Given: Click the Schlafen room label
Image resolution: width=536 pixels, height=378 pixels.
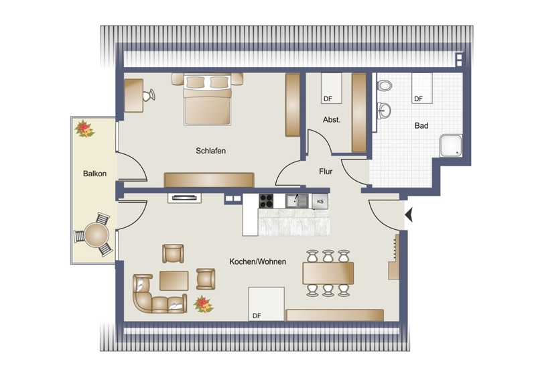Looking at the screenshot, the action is coord(210,151).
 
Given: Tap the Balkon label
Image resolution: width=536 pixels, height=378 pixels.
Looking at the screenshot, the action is coord(94,174).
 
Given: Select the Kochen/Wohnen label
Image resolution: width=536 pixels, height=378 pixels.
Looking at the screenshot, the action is coord(258,261).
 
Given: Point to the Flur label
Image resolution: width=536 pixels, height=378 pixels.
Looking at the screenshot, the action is coord(326,172).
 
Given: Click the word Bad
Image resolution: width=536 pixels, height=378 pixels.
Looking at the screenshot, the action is coord(421,125).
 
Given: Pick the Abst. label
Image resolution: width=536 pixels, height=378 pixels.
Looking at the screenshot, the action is coord(332,120).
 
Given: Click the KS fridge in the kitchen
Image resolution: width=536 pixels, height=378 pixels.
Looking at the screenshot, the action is coord(320,202).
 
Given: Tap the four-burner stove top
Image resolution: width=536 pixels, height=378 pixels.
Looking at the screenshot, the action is coord(266,201).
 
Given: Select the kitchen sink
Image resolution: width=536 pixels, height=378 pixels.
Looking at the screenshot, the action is coord(297,201).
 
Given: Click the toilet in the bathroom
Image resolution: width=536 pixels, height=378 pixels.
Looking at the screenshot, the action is coord(384,86).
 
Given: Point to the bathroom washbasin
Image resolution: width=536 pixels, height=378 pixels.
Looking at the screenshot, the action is coord(384,110).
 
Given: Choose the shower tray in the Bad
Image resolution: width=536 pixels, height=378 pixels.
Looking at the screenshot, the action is coord(451,145).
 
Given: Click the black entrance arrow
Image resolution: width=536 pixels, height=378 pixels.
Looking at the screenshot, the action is coord(409,215).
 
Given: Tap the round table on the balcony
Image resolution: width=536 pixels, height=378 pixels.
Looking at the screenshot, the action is coord(96,235).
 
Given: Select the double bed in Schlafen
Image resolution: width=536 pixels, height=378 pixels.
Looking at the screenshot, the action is coord(208,99).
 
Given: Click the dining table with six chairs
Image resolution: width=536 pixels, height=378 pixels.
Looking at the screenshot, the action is coord(328,273).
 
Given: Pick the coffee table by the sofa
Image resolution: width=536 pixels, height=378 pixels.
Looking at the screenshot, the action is coord(174,281).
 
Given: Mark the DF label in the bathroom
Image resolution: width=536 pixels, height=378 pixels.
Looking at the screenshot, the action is coord(418,99).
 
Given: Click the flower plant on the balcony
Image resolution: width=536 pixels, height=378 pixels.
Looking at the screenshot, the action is coord(84,128).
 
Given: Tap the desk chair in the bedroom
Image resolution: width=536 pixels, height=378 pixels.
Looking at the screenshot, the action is coord(149,95).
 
